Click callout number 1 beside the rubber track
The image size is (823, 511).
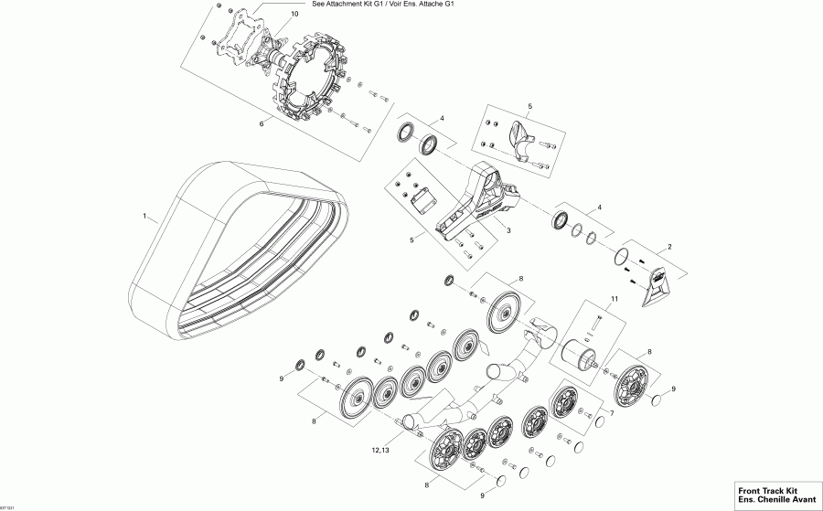tap(144, 217)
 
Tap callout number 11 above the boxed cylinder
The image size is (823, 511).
tap(615, 300)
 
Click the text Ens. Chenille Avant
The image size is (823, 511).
tap(764, 499)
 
